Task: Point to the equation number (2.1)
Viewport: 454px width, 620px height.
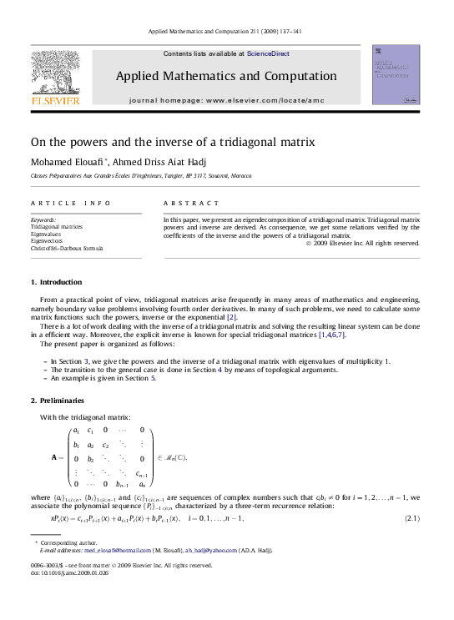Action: (411, 519)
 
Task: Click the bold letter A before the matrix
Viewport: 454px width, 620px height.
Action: (54, 457)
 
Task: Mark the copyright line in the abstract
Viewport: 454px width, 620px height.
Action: (363, 243)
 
